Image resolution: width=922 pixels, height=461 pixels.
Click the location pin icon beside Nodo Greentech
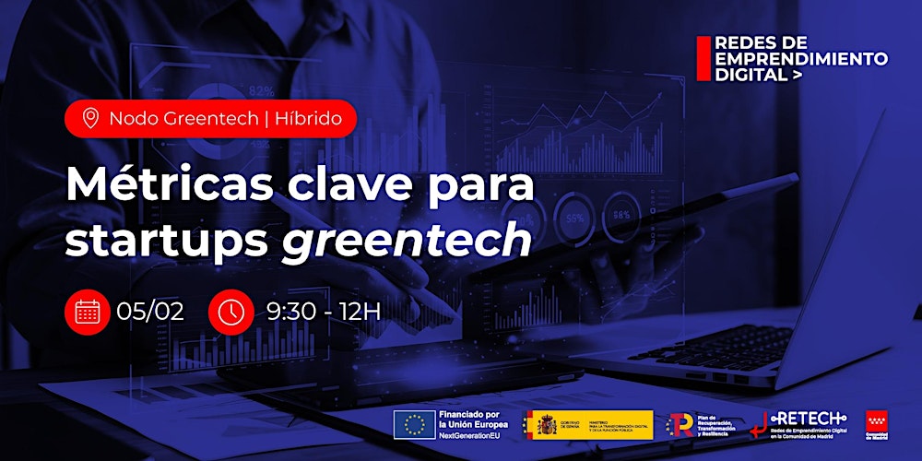pyautogui.click(x=89, y=119)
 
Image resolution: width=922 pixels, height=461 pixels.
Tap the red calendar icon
pyautogui.click(x=88, y=312)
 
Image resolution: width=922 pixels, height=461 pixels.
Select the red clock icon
pyautogui.click(x=230, y=312)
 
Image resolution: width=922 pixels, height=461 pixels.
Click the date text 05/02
pyautogui.click(x=150, y=312)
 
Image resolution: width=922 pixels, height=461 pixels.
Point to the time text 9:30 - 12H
pyautogui.click(x=323, y=312)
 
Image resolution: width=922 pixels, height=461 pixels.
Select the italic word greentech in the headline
pyautogui.click(x=407, y=241)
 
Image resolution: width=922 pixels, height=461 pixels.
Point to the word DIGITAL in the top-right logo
pyautogui.click(x=748, y=76)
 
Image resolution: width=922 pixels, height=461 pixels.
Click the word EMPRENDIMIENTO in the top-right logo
pyautogui.click(x=801, y=59)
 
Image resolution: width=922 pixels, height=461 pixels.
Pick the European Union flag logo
pyautogui.click(x=414, y=423)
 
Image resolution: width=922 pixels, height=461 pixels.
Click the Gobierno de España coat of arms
pyautogui.click(x=541, y=424)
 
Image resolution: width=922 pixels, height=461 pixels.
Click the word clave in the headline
pyautogui.click(x=372, y=187)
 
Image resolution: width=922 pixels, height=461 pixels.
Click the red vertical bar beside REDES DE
pyautogui.click(x=703, y=57)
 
